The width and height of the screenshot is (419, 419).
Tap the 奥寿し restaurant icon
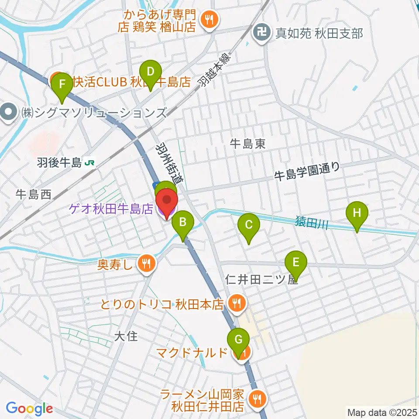(145, 263)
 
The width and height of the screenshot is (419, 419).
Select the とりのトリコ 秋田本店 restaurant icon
(237, 302)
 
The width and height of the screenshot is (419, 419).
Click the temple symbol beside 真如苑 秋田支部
(262, 33)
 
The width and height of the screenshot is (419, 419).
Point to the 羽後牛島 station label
(65, 163)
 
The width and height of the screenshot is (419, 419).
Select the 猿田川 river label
(311, 224)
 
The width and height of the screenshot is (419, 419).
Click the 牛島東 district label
(248, 144)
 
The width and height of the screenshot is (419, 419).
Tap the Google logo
(29, 409)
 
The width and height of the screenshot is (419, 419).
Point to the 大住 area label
(126, 336)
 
